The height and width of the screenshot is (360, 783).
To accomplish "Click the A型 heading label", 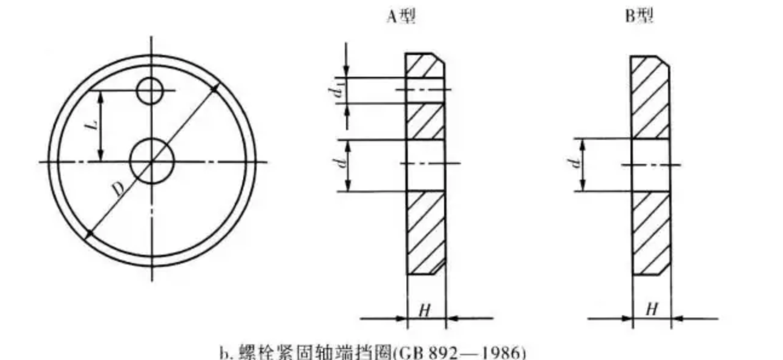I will pos(401,17).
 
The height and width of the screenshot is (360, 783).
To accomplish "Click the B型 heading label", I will pos(639,17).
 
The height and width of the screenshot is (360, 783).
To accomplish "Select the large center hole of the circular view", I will pos(152,162).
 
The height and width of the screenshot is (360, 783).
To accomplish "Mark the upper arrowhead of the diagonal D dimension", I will pos(215,90).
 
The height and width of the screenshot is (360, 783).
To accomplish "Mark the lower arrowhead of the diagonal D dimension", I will pos(90,233).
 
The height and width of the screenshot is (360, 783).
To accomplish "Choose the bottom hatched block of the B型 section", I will pos(651,233).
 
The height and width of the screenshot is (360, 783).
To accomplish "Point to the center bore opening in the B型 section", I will pos(651,165).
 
